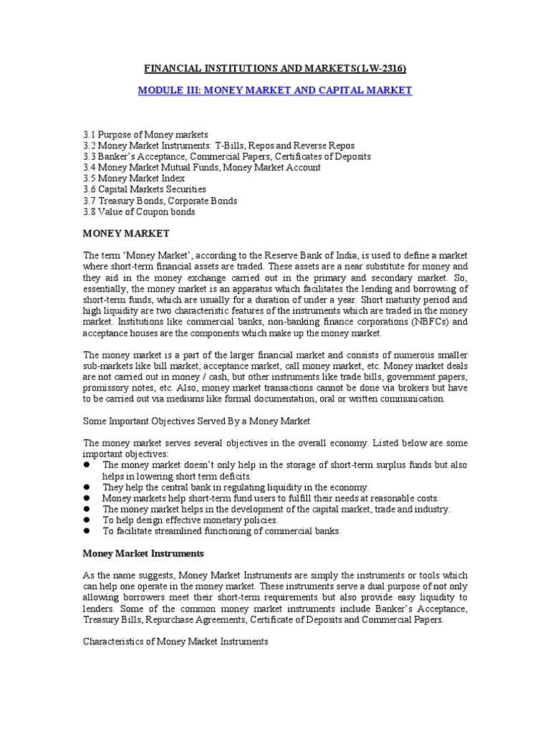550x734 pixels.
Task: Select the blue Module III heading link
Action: tap(275, 91)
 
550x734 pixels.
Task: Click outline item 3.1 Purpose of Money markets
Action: tap(145, 134)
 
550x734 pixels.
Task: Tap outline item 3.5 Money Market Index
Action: tap(134, 178)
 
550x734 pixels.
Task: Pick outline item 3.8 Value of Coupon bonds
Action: tap(139, 212)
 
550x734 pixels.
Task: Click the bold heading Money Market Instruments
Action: tap(143, 553)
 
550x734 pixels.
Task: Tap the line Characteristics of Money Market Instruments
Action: tap(175, 642)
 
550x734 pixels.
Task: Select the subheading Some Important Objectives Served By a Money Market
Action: tap(197, 420)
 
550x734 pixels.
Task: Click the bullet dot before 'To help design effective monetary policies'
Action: tap(87, 520)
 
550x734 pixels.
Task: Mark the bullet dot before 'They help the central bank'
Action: tap(87, 487)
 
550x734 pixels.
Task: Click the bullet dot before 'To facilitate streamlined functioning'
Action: tap(87, 532)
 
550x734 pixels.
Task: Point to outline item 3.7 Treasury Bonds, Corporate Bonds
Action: tap(160, 201)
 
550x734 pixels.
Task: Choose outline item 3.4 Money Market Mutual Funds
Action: tap(201, 168)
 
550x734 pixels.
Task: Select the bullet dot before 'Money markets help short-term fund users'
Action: tap(87, 498)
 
